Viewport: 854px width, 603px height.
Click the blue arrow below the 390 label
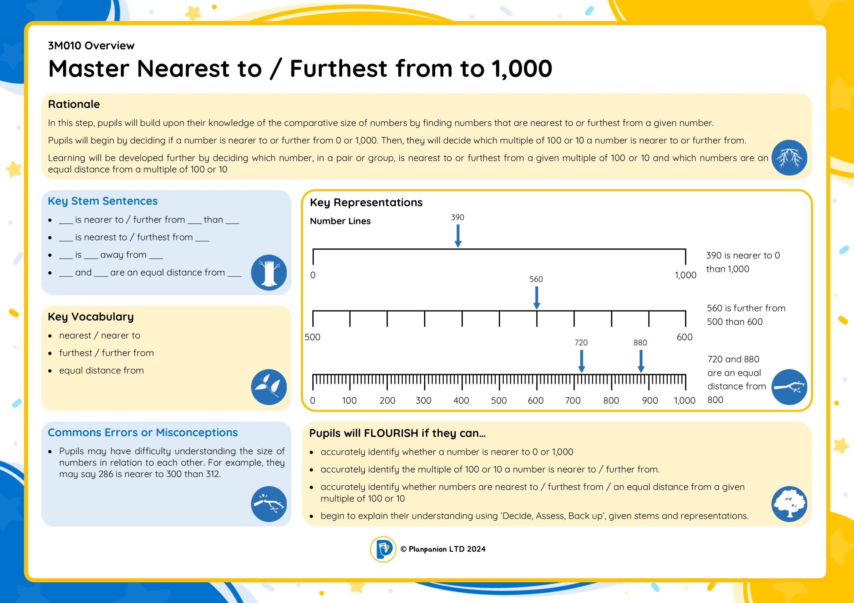tap(458, 236)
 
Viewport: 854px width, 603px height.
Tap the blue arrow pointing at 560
tap(536, 298)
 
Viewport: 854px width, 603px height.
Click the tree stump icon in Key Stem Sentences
tap(269, 272)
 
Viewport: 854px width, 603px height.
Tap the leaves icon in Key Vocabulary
tap(269, 387)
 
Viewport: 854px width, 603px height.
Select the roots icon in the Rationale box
tap(789, 158)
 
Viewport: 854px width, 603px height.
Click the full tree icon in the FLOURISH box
tap(789, 504)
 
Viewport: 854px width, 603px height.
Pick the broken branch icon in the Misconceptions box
tap(269, 504)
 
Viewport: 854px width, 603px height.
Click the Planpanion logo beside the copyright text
tap(383, 549)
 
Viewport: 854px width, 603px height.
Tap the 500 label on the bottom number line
tap(499, 400)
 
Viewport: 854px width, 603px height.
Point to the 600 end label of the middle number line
tap(685, 337)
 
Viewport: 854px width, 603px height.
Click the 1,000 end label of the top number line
tap(686, 275)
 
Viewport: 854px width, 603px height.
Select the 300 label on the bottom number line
tap(423, 400)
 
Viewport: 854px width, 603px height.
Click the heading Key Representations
tap(366, 203)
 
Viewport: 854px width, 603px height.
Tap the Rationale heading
tap(74, 104)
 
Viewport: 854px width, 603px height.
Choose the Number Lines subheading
tap(340, 221)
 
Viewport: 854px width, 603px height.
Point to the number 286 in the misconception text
tap(106, 474)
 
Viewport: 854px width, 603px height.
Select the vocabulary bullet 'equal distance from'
tap(101, 370)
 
